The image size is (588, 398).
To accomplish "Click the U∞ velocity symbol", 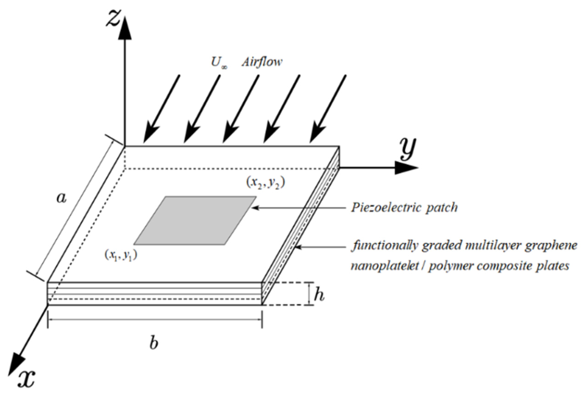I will click(219, 62).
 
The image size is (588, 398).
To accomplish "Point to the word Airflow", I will click(262, 62).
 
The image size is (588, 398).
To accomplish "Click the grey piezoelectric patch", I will click(195, 220).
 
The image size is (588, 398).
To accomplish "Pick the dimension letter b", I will click(153, 343).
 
